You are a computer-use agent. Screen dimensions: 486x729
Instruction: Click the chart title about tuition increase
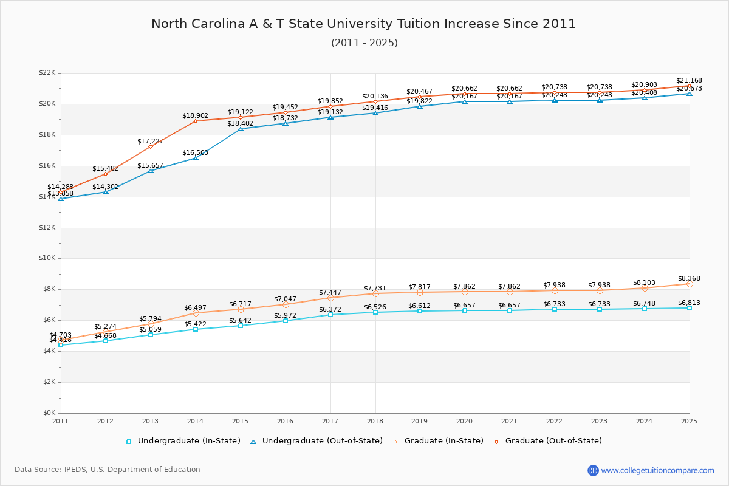point(363,24)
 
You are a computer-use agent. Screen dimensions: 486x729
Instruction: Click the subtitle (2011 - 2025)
point(364,43)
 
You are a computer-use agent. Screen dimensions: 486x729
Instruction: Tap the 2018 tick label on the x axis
point(375,420)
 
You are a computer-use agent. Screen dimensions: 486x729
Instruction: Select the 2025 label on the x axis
point(689,420)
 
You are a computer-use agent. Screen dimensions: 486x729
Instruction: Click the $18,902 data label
point(195,115)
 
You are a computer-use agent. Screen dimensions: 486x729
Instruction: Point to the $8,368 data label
point(689,279)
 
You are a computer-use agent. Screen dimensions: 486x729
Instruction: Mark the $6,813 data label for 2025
point(689,303)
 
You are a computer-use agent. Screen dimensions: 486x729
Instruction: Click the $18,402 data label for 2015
point(240,124)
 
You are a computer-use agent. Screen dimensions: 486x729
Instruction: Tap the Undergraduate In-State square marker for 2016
point(286,321)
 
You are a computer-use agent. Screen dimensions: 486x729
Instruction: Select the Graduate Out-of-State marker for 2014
point(196,121)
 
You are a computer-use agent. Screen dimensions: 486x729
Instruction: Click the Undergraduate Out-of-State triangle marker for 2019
point(420,106)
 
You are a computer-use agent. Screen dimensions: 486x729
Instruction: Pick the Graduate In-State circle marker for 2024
point(645,288)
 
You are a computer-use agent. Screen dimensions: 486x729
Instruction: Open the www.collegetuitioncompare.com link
point(657,470)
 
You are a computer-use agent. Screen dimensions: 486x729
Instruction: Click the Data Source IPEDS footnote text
point(108,470)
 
